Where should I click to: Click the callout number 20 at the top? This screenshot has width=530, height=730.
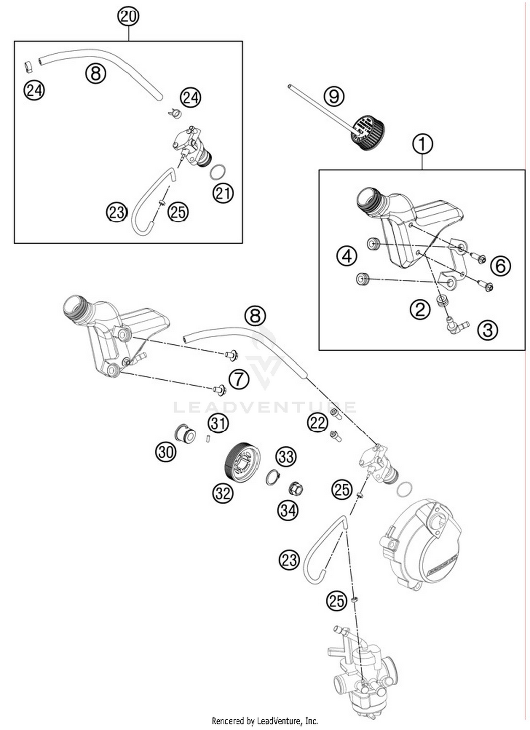pos(128,16)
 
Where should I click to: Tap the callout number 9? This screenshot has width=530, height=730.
pos(334,96)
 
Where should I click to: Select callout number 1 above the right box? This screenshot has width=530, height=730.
pos(422,144)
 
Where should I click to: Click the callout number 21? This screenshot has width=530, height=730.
pos(223,193)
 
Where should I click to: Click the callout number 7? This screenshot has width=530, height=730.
pos(239,379)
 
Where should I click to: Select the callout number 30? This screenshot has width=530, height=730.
pos(166,452)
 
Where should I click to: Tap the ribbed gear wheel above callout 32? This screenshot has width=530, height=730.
pos(242,461)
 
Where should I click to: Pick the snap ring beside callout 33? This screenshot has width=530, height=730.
pos(272,478)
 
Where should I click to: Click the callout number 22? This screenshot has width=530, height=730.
pos(317,422)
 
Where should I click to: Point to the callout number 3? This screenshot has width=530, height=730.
pos(488,330)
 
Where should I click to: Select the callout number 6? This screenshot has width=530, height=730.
pos(500,266)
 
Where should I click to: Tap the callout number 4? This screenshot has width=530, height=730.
pos(347,256)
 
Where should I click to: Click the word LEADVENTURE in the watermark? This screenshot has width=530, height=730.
pos(265,407)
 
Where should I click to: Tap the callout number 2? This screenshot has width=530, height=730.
pos(420,309)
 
